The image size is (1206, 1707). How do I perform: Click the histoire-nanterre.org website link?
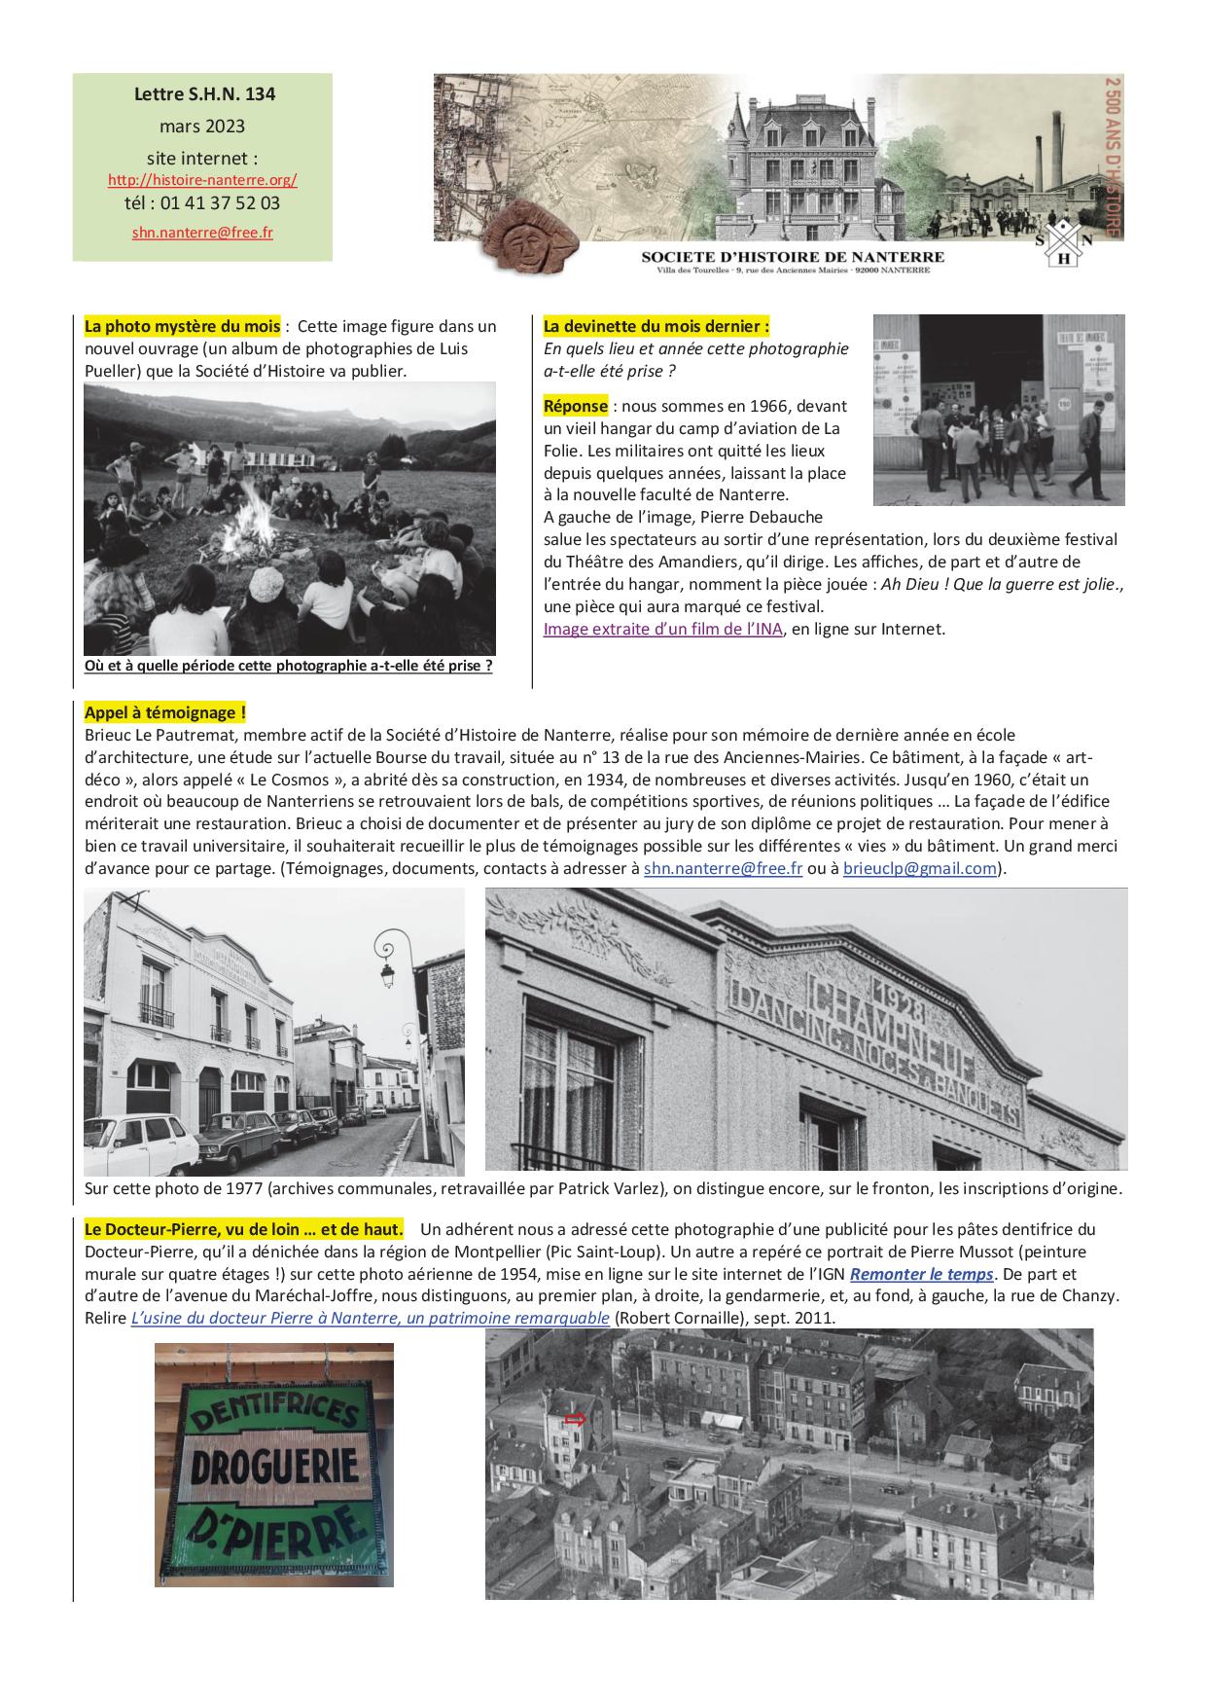click(202, 180)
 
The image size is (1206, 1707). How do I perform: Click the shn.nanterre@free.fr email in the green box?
click(202, 234)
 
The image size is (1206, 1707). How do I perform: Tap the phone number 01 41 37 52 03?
click(202, 203)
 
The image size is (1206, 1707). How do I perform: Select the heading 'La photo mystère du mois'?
click(182, 326)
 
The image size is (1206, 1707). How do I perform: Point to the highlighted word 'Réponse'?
click(576, 406)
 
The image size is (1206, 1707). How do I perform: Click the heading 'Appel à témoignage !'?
click(164, 712)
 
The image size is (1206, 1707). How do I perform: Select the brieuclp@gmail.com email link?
click(920, 868)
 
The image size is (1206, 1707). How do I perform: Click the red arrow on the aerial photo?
click(575, 1420)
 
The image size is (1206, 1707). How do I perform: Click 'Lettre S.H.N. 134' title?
click(204, 94)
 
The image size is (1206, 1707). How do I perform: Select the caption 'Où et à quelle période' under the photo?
click(288, 667)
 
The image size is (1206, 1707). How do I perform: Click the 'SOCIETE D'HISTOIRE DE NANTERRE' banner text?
click(793, 256)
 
